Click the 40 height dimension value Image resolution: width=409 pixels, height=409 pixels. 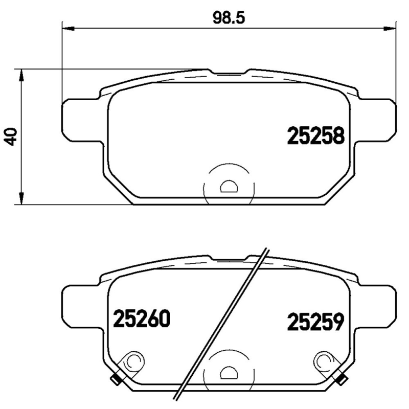[10, 137]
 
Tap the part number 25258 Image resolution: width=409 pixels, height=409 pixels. [316, 135]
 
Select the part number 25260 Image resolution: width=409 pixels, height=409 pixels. [141, 319]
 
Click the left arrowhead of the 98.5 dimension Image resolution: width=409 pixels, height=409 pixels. [69, 28]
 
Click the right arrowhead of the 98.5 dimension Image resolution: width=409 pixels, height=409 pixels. [390, 28]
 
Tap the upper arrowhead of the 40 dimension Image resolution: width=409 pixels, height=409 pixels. [21, 75]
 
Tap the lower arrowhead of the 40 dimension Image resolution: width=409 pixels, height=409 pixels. [21, 198]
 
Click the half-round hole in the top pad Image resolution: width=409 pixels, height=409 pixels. [229, 186]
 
